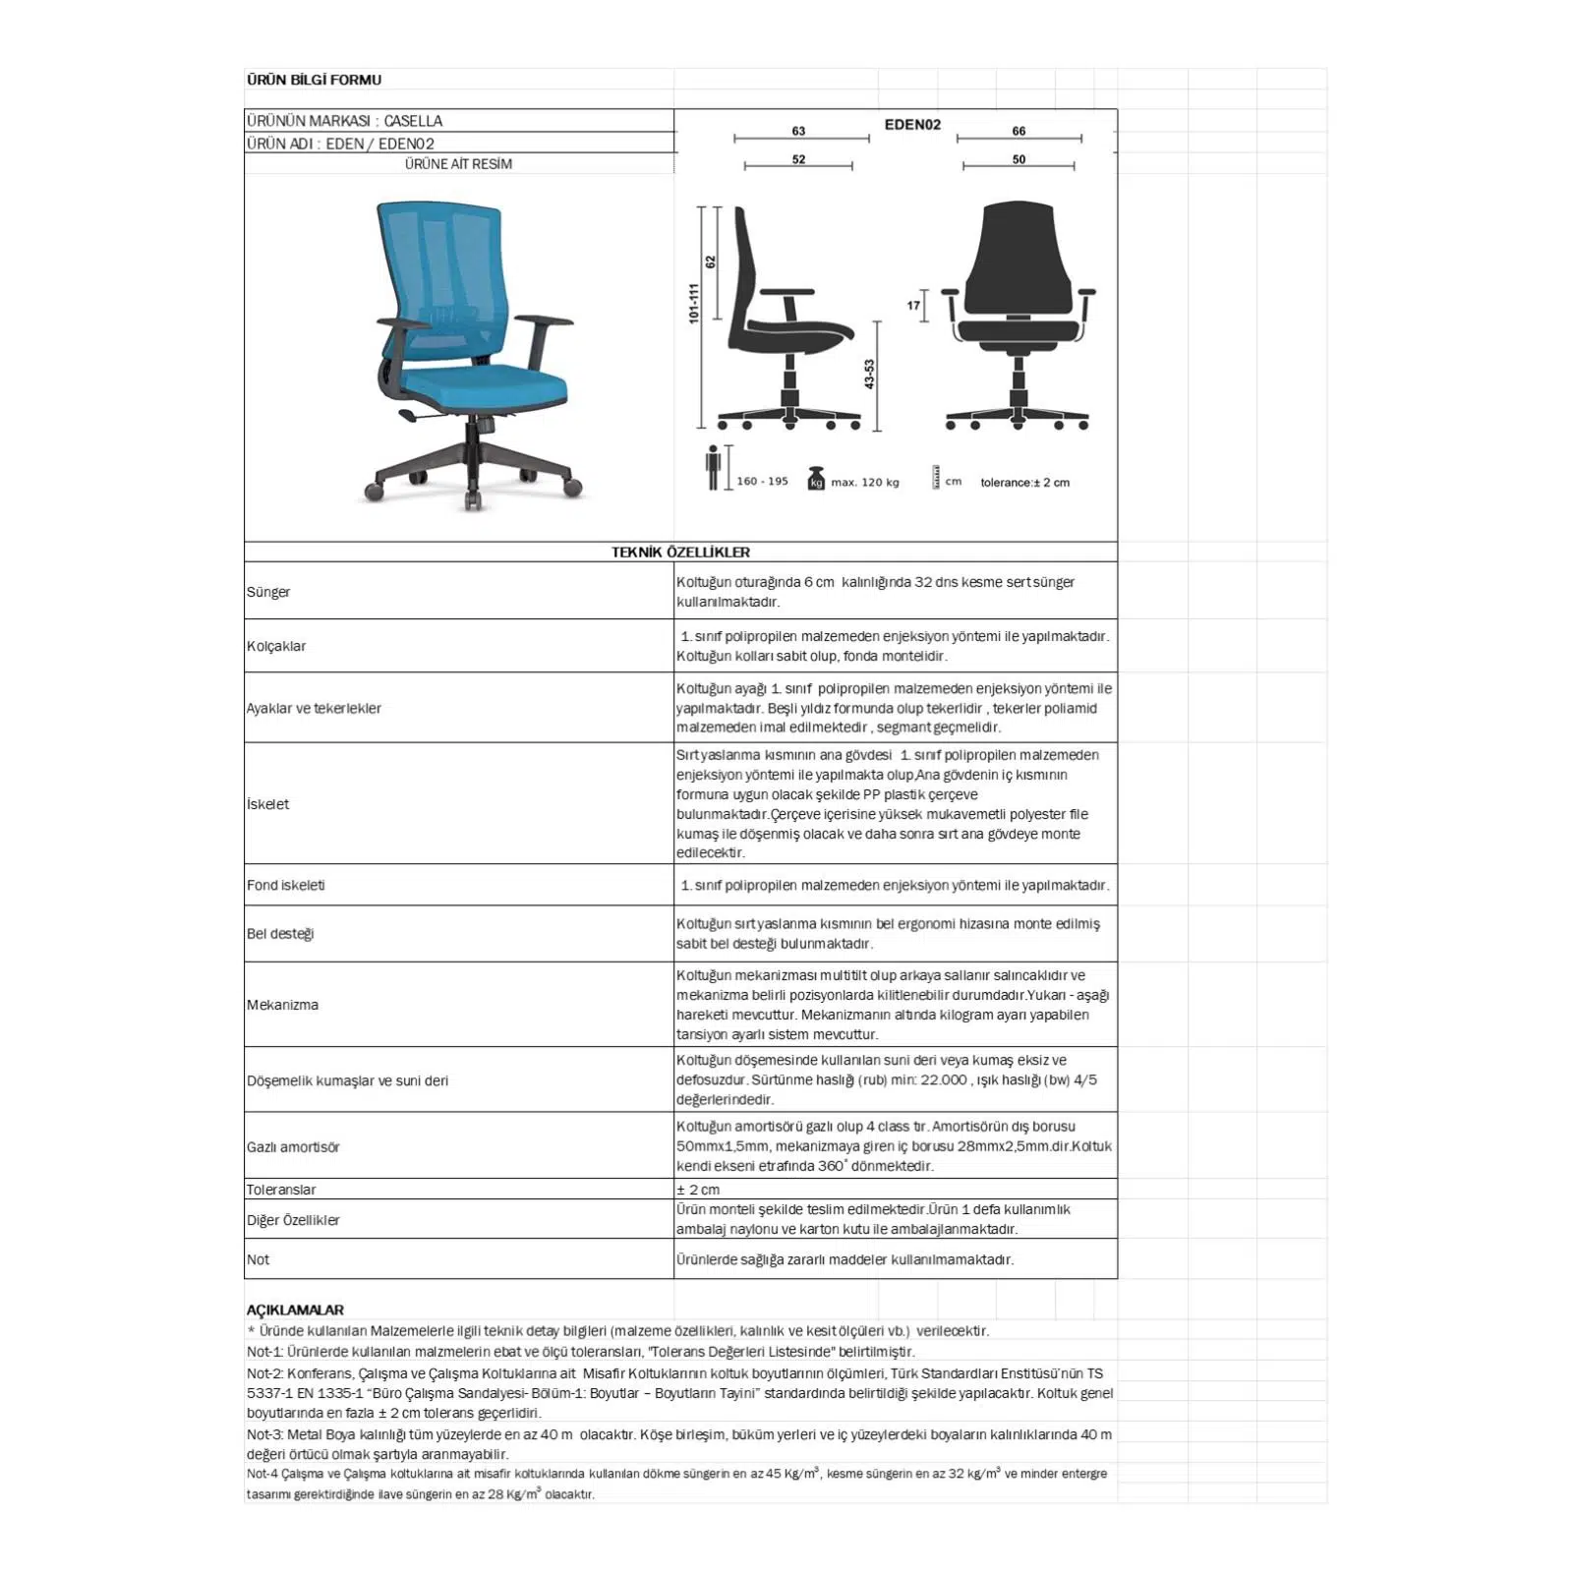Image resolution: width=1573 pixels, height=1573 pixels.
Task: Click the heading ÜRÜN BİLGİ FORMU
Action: pyautogui.click(x=314, y=80)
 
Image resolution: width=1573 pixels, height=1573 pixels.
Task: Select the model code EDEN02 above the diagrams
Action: pyautogui.click(x=912, y=125)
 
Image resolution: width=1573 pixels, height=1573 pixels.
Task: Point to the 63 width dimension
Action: pyautogui.click(x=798, y=131)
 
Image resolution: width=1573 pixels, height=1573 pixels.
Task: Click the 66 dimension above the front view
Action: pyautogui.click(x=1019, y=131)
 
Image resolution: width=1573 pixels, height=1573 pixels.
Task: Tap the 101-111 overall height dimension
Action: pyautogui.click(x=693, y=303)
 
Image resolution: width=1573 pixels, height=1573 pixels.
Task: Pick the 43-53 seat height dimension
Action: pyautogui.click(x=869, y=375)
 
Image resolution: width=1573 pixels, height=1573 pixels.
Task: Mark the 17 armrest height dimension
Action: pyautogui.click(x=913, y=306)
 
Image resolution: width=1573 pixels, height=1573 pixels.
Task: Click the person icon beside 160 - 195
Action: pyautogui.click(x=713, y=468)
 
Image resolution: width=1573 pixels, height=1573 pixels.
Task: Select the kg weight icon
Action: pyautogui.click(x=815, y=479)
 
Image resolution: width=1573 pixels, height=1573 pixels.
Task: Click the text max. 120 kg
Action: pyautogui.click(x=865, y=483)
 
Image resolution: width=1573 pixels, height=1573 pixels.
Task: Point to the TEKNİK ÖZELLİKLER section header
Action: pyautogui.click(x=680, y=553)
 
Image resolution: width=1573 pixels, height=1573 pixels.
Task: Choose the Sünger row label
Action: pyautogui.click(x=268, y=592)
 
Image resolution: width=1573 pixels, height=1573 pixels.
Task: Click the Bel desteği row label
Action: pyautogui.click(x=280, y=934)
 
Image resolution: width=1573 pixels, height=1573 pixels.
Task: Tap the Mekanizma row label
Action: pyautogui.click(x=282, y=1005)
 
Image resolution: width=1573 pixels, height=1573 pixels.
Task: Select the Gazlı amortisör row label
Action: pyautogui.click(x=293, y=1147)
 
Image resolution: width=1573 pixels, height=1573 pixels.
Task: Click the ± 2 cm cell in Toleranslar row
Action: pyautogui.click(x=698, y=1190)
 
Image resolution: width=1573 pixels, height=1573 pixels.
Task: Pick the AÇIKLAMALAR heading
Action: pyautogui.click(x=295, y=1310)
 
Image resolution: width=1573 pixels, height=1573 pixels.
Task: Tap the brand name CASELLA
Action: pyautogui.click(x=413, y=121)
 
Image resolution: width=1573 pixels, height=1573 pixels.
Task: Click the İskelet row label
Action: pyautogui.click(x=267, y=804)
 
